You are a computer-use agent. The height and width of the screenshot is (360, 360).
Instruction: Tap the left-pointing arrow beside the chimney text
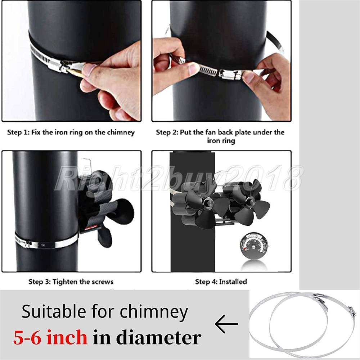(226, 324)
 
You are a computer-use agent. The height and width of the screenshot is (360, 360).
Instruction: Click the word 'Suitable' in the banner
(54, 311)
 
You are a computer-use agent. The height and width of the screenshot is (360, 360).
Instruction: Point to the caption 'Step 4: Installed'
(221, 282)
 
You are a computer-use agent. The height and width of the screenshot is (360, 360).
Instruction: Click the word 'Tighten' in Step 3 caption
(65, 282)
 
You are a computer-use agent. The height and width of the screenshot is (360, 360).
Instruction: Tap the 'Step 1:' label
(18, 132)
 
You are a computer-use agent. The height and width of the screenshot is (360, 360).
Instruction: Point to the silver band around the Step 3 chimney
(46, 242)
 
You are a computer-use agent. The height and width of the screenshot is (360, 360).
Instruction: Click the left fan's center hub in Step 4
(210, 202)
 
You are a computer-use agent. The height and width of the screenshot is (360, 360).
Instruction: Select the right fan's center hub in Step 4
(252, 202)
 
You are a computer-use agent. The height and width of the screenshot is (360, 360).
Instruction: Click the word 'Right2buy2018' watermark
(179, 178)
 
